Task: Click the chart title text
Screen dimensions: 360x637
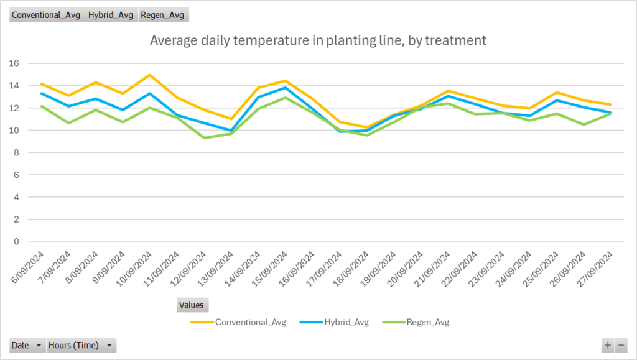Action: [318, 41]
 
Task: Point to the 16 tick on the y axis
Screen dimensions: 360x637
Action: [15, 63]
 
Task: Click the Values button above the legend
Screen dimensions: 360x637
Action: [192, 305]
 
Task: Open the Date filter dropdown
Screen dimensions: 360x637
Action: [27, 346]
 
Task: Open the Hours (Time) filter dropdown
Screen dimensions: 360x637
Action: [81, 346]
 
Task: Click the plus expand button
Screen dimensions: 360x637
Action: [608, 346]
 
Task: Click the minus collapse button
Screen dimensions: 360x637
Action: [621, 346]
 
